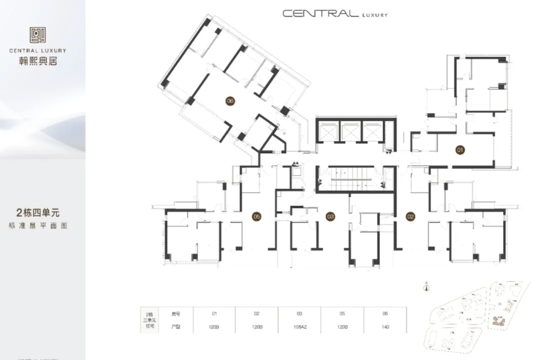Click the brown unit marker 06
pos(230,101)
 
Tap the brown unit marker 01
pos(459,149)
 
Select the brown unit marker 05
pos(256,217)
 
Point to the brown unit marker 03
pos(330,217)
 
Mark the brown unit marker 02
pos(411,217)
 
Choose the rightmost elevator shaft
pos(372,132)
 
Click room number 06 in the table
pos(385,313)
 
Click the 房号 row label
pos(175,313)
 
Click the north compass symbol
pos(426,287)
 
